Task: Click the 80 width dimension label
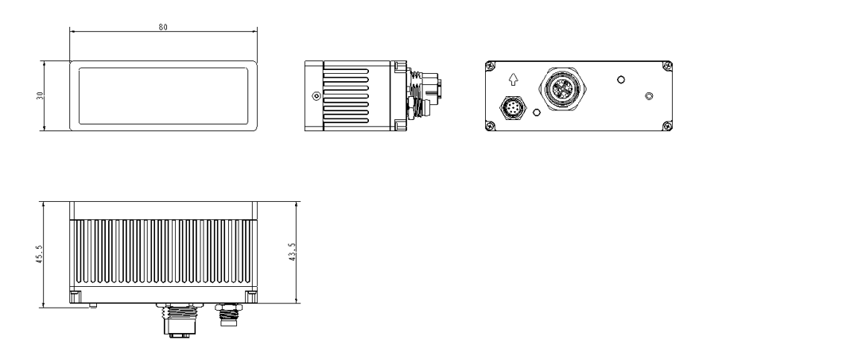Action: point(163,27)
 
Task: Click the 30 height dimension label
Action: point(39,95)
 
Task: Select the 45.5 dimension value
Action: point(39,254)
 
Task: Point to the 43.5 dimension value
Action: point(293,252)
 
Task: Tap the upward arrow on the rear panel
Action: point(513,79)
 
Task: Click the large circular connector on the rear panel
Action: point(561,89)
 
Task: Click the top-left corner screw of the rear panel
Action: point(490,66)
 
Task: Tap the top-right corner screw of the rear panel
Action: point(667,66)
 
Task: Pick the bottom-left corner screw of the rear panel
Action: point(490,126)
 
